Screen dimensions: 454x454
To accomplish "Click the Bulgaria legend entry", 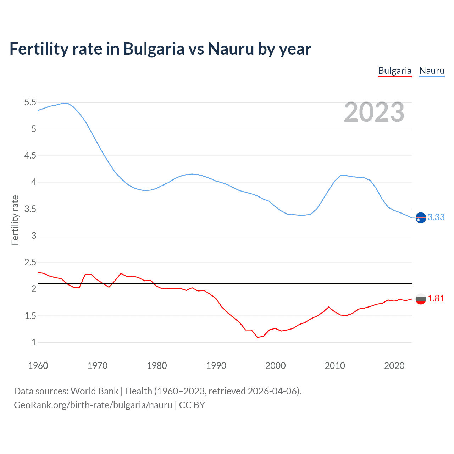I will (x=395, y=71).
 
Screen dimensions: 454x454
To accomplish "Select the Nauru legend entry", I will (x=432, y=71).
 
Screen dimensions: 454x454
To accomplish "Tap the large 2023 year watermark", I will (x=374, y=112).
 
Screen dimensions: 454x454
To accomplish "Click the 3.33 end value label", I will (x=436, y=217).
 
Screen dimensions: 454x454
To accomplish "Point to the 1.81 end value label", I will (x=436, y=298).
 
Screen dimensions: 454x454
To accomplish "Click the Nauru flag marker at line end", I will (x=421, y=218).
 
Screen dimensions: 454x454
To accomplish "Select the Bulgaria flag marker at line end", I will (x=421, y=299).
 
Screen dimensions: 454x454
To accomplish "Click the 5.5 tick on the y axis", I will (x=30, y=103).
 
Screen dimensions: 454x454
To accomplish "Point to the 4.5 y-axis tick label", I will (x=30, y=156).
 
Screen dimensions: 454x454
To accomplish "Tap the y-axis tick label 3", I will (x=34, y=236).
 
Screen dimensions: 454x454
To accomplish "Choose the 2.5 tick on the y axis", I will (x=30, y=262).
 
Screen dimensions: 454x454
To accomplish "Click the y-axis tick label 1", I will (x=34, y=343).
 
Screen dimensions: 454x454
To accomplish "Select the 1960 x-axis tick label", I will (x=38, y=366).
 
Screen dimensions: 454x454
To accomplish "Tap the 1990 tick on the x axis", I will (x=216, y=366).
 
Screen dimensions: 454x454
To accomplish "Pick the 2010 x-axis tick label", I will (x=335, y=366).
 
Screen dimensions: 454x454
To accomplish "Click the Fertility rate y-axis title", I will (x=15, y=220).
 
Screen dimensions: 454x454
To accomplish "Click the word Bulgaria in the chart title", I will (x=154, y=49).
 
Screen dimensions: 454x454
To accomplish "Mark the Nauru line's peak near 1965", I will (x=67, y=103).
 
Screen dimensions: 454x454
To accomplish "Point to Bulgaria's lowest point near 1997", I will (x=258, y=337).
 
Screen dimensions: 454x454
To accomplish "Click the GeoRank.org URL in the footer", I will (x=93, y=405).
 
